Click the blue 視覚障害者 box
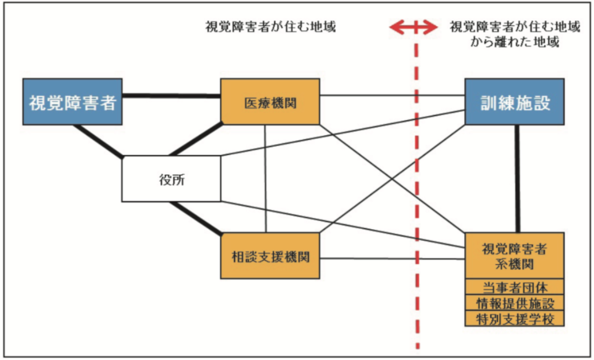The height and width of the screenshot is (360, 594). [x=72, y=102]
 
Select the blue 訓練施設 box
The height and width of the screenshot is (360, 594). [x=514, y=102]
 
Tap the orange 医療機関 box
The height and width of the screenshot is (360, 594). [x=270, y=102]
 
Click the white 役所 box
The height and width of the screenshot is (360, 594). [x=171, y=179]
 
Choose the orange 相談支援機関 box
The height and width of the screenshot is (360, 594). [x=270, y=256]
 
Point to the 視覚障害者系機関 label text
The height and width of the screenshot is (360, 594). [x=514, y=256]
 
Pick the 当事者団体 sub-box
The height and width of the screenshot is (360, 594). [x=514, y=288]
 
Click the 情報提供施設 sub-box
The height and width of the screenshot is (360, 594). [x=514, y=303]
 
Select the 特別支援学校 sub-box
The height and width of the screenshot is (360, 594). [x=514, y=319]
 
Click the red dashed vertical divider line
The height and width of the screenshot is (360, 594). [x=416, y=198]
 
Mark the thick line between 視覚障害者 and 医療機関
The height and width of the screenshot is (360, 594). [x=171, y=95]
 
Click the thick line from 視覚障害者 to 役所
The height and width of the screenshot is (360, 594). [x=99, y=141]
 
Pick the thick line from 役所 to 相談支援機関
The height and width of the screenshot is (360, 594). [x=195, y=217]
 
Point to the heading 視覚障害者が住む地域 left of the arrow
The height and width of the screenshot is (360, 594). [x=271, y=27]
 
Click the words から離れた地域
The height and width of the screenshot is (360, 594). [x=515, y=43]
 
